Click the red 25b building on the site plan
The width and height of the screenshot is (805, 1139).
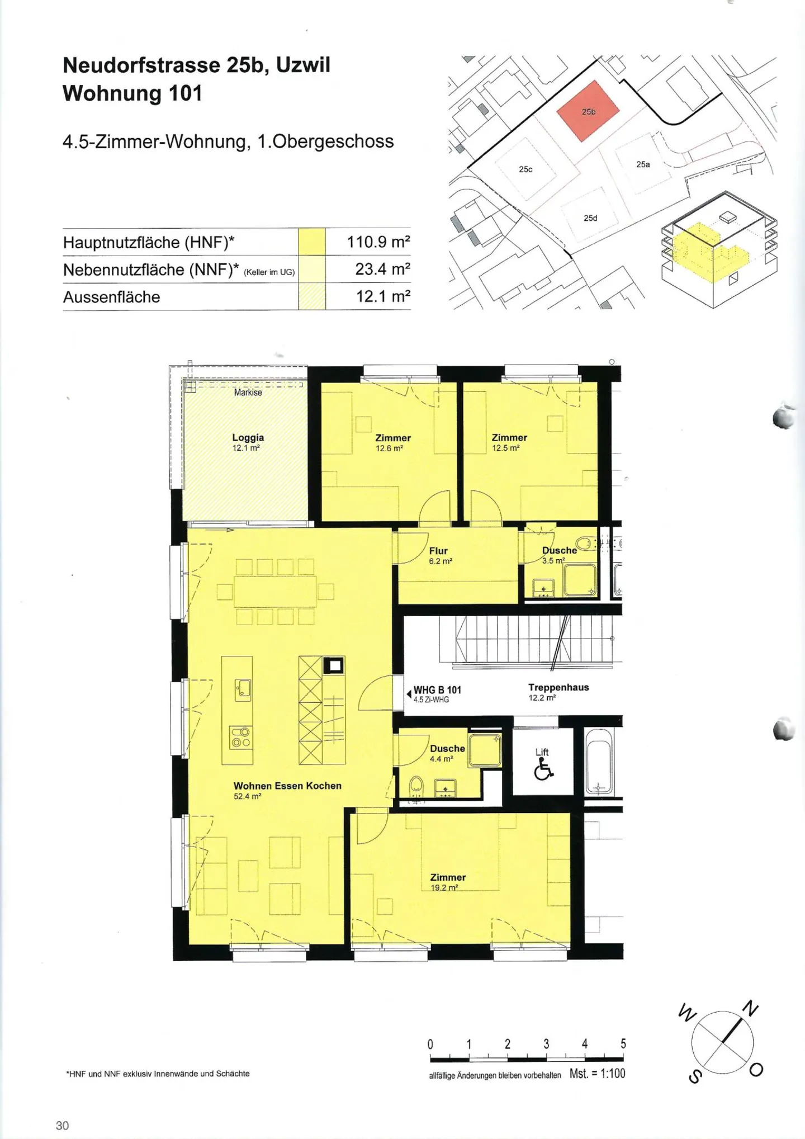(x=588, y=111)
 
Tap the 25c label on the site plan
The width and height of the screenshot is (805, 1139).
(x=525, y=169)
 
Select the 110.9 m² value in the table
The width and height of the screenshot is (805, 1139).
(x=378, y=242)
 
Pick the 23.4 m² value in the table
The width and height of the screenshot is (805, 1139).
(x=383, y=269)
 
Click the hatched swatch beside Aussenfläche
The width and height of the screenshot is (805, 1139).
(x=311, y=296)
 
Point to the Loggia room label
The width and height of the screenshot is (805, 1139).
(x=248, y=442)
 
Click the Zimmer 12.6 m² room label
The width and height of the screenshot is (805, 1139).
(x=393, y=442)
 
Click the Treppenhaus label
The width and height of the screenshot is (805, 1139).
(x=558, y=687)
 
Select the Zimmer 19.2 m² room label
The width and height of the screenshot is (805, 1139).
(x=448, y=882)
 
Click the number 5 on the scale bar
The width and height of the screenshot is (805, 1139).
(x=623, y=1043)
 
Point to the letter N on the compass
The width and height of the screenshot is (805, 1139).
(x=750, y=1009)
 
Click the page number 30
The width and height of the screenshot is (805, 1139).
(x=62, y=1125)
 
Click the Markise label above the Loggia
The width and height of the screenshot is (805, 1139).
(x=248, y=393)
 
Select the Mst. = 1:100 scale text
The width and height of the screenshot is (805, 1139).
(x=598, y=1073)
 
